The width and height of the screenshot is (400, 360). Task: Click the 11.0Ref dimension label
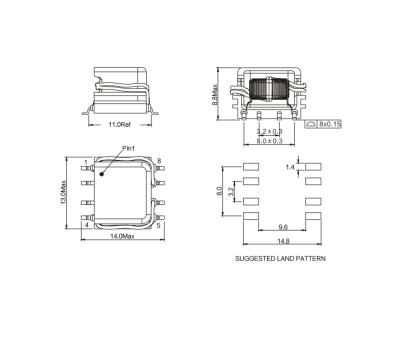pos(123,125)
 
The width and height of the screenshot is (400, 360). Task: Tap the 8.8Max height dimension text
pos(217,93)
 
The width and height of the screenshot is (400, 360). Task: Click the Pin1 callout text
pos(128,148)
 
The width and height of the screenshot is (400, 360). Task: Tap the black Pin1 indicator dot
pos(102,172)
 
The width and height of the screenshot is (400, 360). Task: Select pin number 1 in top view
pos(86,162)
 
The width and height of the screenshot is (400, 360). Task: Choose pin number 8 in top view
pos(159,162)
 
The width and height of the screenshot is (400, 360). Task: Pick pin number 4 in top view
pos(86,226)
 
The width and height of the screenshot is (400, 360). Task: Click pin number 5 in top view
pos(159,226)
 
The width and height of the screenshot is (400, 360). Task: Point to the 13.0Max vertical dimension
pos(67,194)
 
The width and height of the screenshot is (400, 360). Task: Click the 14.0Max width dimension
pos(122,236)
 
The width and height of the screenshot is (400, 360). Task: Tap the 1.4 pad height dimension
pos(290,166)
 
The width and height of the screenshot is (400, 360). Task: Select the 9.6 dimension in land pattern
pos(283,226)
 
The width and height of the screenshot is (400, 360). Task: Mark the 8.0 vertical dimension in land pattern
pos(220,191)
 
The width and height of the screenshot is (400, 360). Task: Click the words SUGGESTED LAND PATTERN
pos(282,259)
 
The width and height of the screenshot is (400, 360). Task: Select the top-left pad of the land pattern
pos(252,167)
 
